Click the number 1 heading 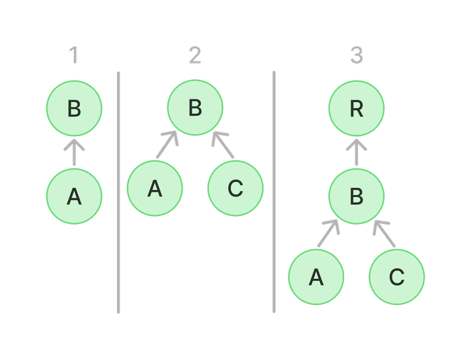pos(73,56)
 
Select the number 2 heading pos(195,56)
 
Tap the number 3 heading pos(357,56)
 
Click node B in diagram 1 pos(74,109)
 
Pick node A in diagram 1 pos(74,196)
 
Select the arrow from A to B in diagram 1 pos(74,152)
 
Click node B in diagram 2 pos(195,108)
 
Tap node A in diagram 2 pos(154,188)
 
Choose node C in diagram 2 pos(235,188)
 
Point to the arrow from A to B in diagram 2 pos(167,144)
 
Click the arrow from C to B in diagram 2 pos(222,144)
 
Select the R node pos(357,109)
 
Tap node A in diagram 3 pos(317,277)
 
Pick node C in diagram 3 pos(397,277)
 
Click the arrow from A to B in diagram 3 pos(329,233)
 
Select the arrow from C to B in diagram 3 pos(385,233)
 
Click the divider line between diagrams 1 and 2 pos(118,192)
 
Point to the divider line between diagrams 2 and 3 pos(273,192)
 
